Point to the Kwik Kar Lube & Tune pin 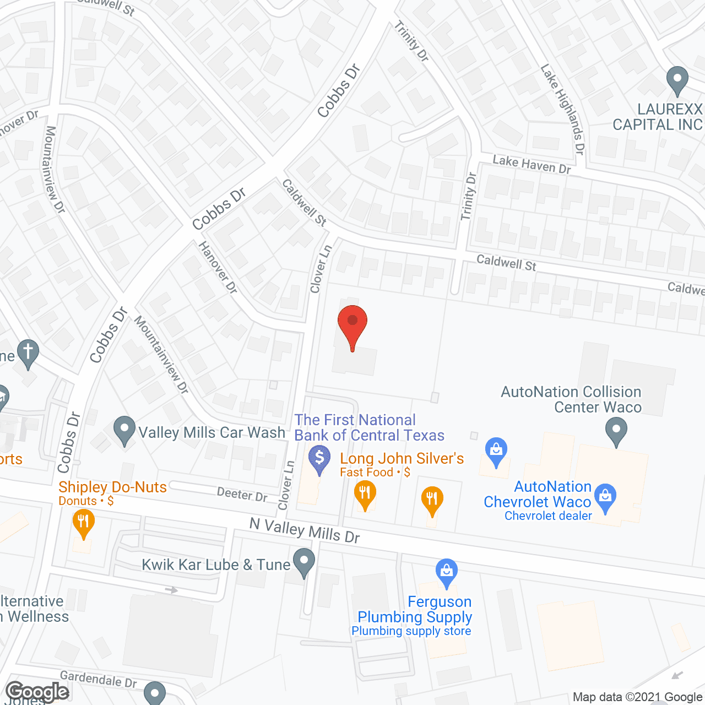click(x=303, y=561)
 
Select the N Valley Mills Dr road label click(x=305, y=530)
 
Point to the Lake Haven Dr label click(x=532, y=165)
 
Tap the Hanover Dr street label click(x=218, y=268)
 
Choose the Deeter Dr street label click(x=242, y=494)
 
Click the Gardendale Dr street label click(x=98, y=679)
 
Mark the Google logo click(x=37, y=692)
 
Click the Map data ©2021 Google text click(x=638, y=697)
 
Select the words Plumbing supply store click(x=411, y=631)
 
